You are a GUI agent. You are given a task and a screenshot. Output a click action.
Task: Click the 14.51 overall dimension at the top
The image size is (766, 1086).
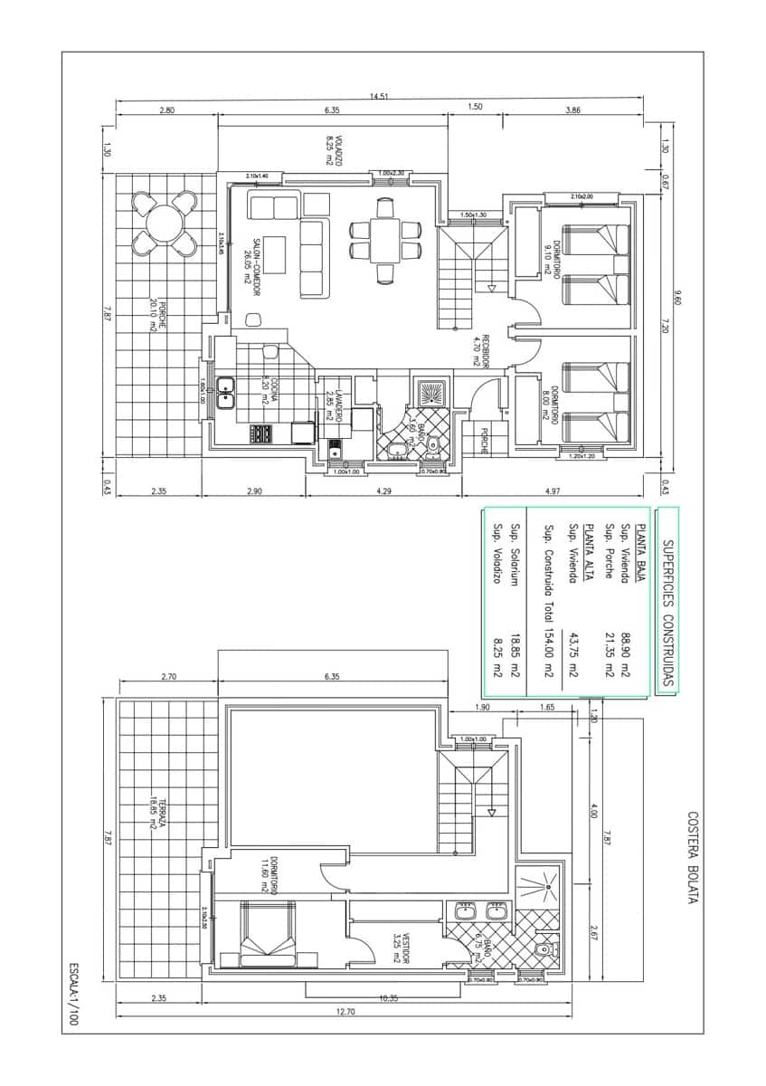tap(379, 96)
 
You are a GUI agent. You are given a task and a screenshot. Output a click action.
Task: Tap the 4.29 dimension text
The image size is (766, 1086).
tap(384, 491)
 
